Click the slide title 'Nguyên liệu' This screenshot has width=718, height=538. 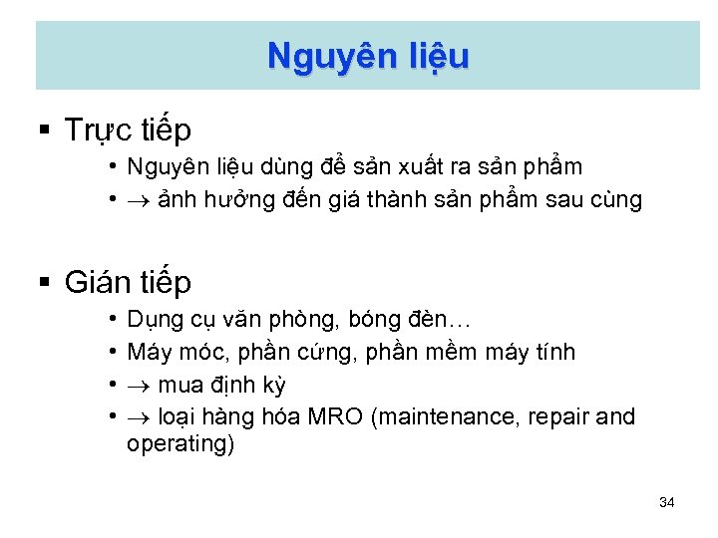(367, 56)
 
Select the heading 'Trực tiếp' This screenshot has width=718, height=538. (128, 130)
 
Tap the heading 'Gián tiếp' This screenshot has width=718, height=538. (128, 283)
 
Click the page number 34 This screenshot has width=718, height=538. (667, 502)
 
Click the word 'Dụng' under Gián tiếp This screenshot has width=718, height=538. (150, 322)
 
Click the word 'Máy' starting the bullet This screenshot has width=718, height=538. (146, 353)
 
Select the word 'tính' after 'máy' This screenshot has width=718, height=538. (557, 353)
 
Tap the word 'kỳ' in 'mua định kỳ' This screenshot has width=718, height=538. (273, 385)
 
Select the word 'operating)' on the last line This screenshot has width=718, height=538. (180, 444)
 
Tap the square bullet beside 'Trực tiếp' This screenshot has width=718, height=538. (44, 130)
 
